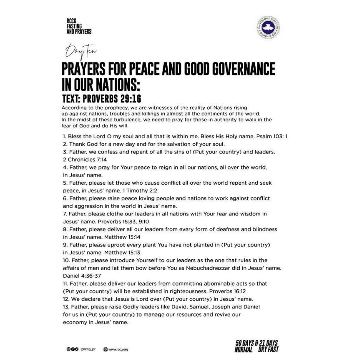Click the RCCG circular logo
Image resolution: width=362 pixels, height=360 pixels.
point(268,27)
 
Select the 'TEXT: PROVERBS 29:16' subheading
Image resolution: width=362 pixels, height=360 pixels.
point(101,99)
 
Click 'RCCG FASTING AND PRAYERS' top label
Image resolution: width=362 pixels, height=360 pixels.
point(79,26)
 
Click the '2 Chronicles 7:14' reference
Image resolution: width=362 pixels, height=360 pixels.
point(85,160)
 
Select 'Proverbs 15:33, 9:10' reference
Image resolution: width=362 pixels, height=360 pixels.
point(123,222)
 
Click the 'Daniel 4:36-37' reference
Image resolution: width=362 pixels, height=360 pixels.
point(82,276)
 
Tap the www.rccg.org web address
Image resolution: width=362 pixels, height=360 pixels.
point(118,349)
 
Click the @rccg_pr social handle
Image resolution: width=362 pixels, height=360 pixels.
point(88,349)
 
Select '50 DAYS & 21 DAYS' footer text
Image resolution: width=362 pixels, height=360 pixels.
point(256,343)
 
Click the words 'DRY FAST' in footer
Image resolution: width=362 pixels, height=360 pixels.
point(268,349)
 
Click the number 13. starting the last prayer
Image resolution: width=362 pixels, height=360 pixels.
point(66,307)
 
